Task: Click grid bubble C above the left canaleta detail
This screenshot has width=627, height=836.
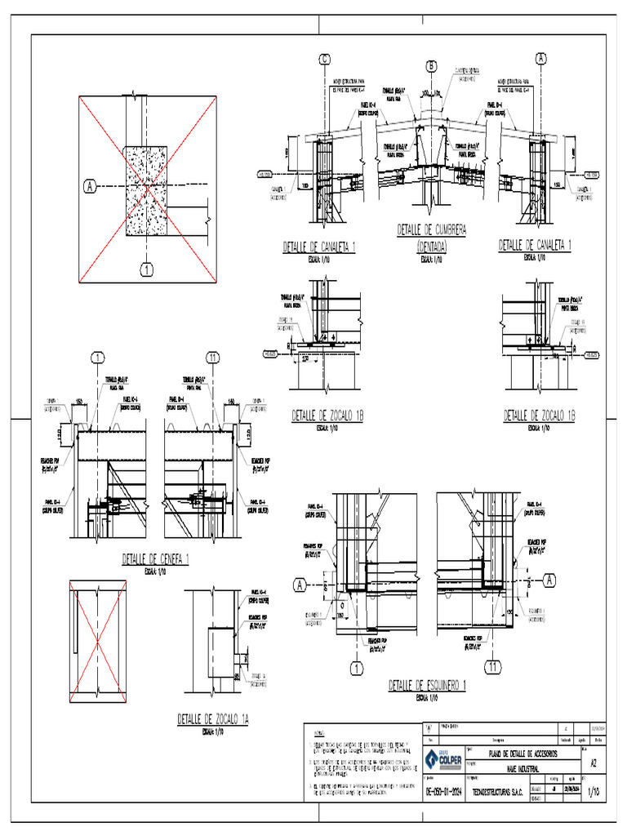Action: (x=325, y=59)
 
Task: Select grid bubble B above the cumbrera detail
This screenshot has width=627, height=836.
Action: (x=431, y=66)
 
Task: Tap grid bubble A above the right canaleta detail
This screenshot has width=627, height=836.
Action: (x=540, y=58)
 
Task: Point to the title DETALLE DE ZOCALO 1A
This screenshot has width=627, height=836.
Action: (x=213, y=719)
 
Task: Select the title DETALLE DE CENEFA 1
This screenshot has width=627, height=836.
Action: (x=155, y=559)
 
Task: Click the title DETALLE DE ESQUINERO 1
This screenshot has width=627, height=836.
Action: (x=427, y=685)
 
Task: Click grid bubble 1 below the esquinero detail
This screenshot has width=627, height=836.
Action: (x=356, y=668)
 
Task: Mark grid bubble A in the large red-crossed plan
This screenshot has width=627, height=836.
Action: (x=90, y=187)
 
